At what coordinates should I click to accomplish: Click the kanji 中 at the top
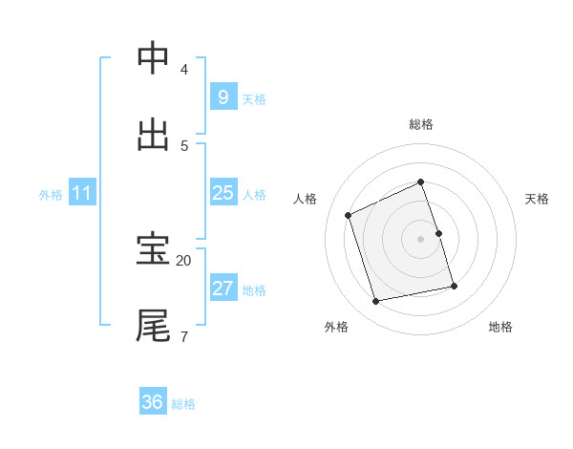pyautogui.click(x=154, y=59)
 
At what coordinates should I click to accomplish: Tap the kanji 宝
pyautogui.click(x=154, y=250)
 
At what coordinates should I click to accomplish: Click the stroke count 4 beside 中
pyautogui.click(x=183, y=70)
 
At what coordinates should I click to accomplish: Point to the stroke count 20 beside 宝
pyautogui.click(x=183, y=260)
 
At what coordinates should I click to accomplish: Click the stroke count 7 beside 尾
pyautogui.click(x=183, y=335)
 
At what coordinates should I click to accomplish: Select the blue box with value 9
pyautogui.click(x=223, y=97)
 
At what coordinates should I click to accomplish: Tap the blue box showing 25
pyautogui.click(x=223, y=193)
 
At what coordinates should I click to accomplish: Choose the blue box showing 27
pyautogui.click(x=223, y=289)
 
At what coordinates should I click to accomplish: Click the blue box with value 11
pyautogui.click(x=82, y=193)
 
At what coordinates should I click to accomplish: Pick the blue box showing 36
pyautogui.click(x=153, y=402)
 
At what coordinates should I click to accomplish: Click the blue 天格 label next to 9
pyautogui.click(x=254, y=99)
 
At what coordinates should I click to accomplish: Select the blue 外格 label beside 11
pyautogui.click(x=51, y=195)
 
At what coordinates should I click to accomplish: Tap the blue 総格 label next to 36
pyautogui.click(x=183, y=404)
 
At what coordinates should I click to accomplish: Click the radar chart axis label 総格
pyautogui.click(x=421, y=124)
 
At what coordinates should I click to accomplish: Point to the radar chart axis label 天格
pyautogui.click(x=537, y=199)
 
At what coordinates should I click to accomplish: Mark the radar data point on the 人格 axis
pyautogui.click(x=349, y=215)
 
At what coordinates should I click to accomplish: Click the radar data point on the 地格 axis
pyautogui.click(x=454, y=286)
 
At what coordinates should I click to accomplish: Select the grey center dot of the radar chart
pyautogui.click(x=421, y=239)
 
